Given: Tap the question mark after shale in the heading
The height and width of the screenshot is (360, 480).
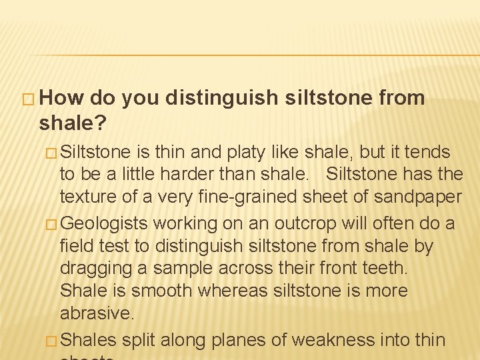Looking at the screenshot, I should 103,122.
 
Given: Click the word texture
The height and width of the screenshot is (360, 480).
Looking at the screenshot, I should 84,198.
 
